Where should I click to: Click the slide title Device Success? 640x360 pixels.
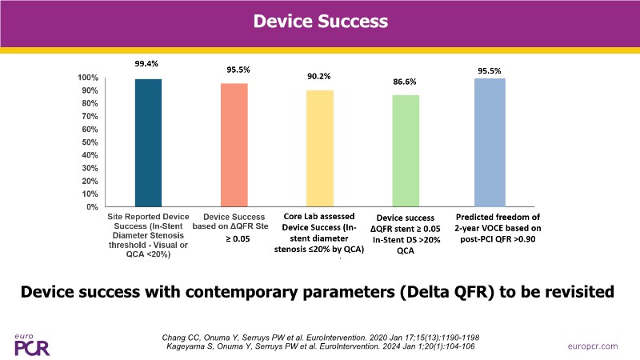[x=319, y=22]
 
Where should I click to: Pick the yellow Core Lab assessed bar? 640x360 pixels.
[x=320, y=148]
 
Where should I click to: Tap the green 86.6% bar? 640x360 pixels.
[x=405, y=150]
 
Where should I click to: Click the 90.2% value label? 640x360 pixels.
[x=319, y=77]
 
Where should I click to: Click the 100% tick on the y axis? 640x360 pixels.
[x=88, y=78]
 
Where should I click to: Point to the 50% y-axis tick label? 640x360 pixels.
[x=90, y=142]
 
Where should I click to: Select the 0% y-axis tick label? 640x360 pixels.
[x=92, y=207]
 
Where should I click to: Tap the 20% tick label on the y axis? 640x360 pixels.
[x=90, y=181]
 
